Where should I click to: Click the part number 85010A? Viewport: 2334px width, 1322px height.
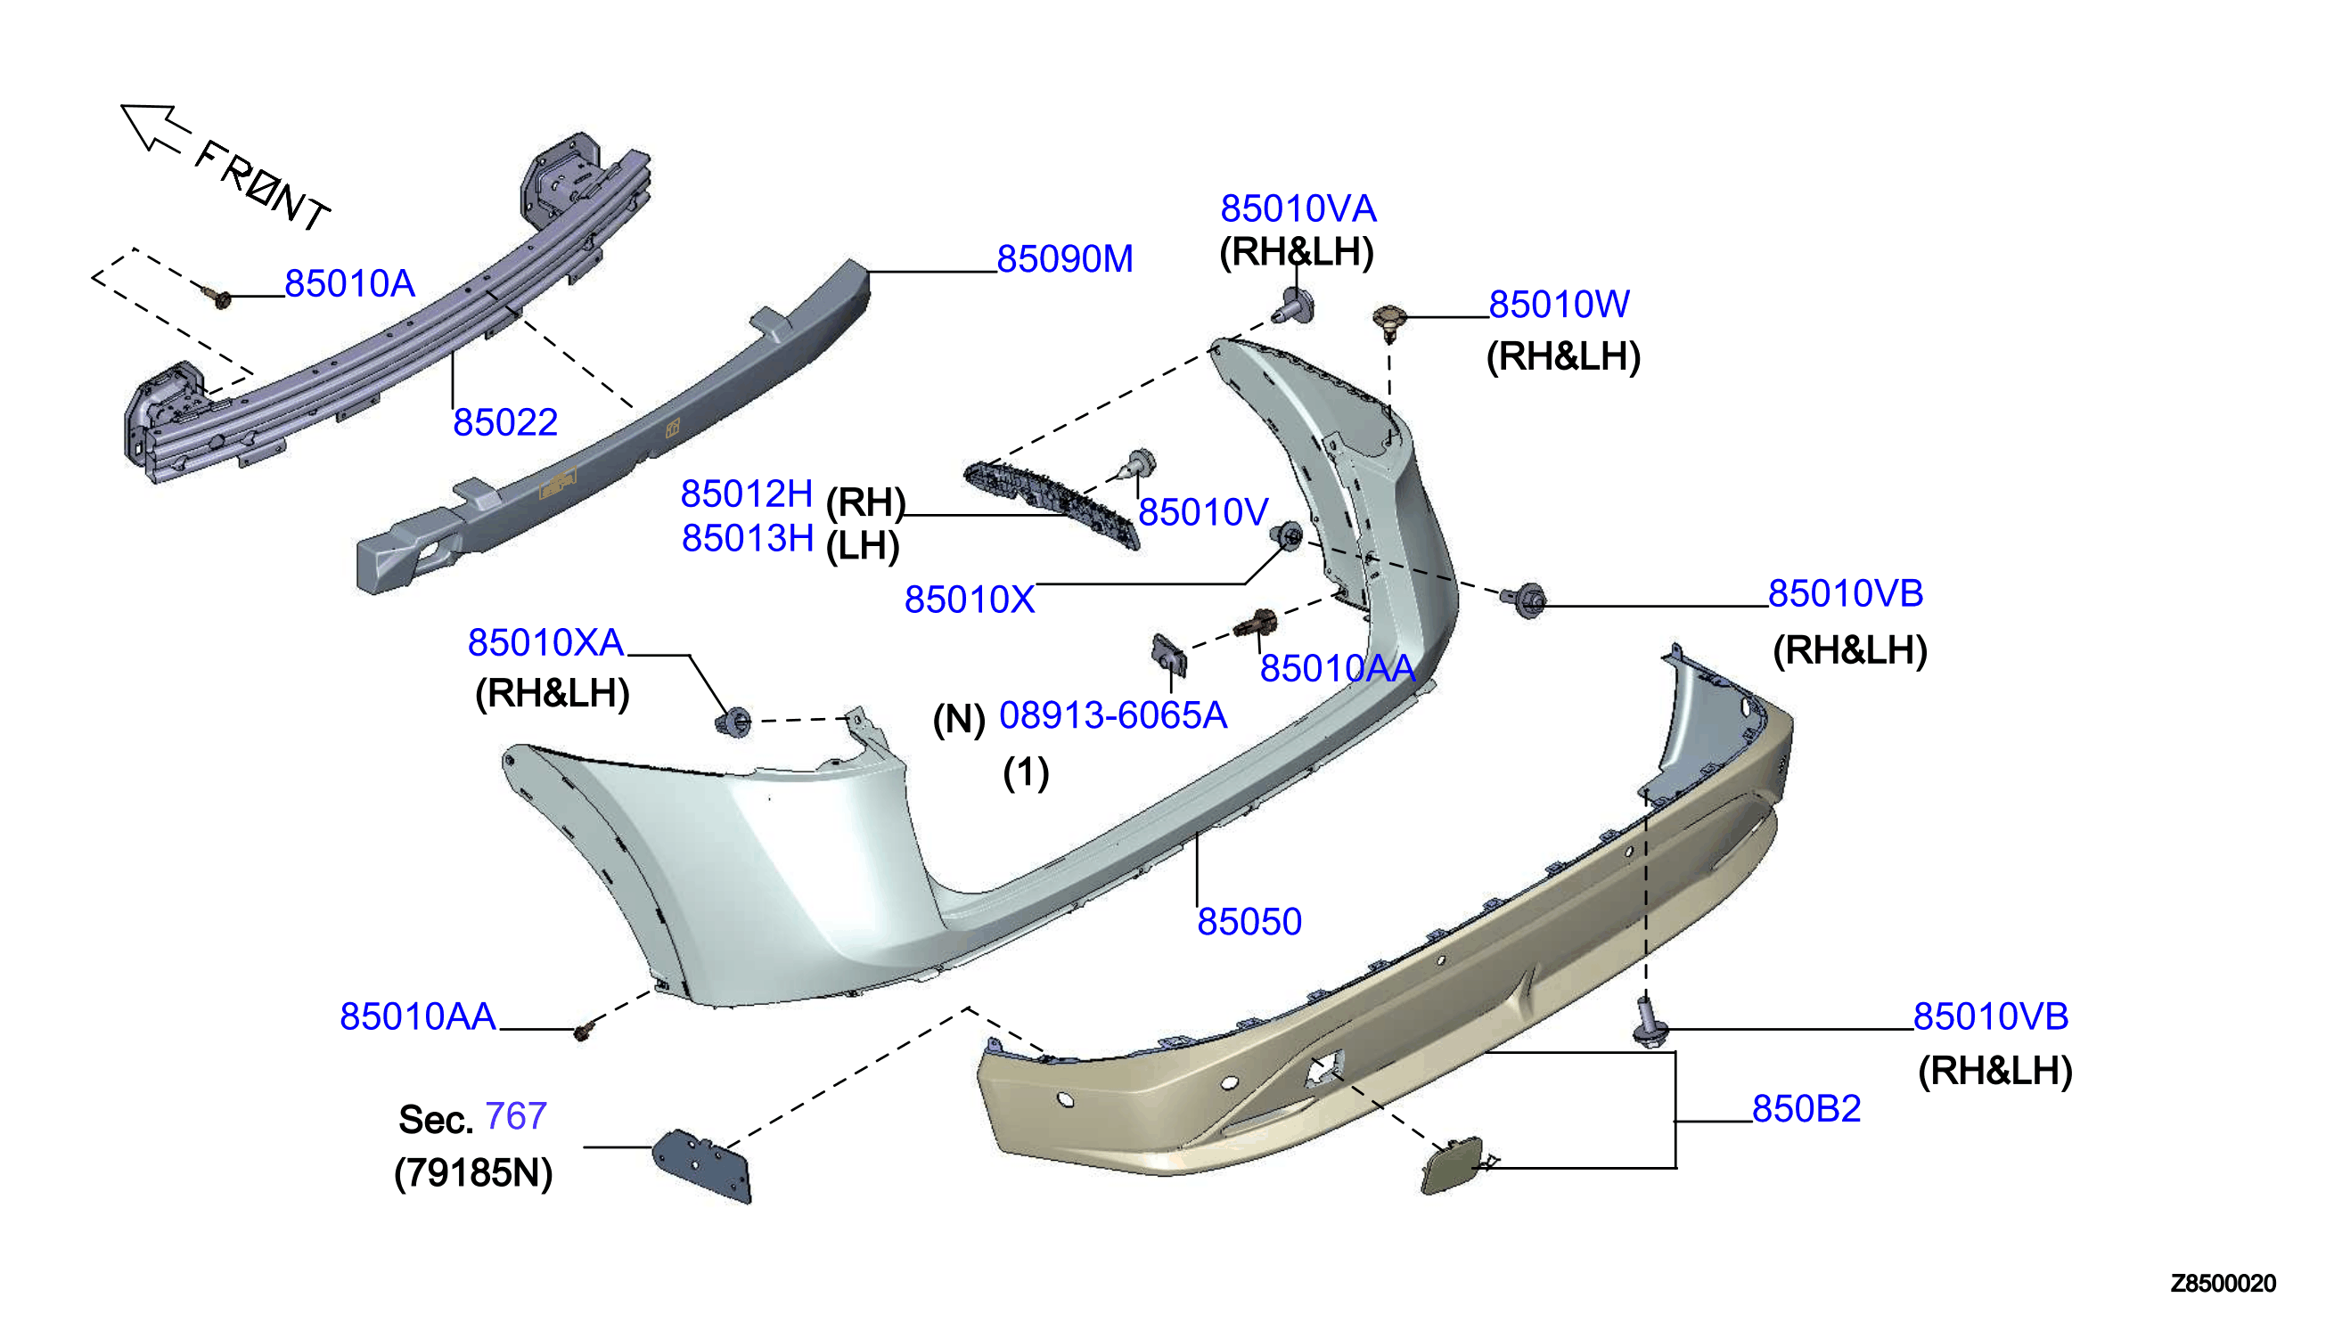click(349, 284)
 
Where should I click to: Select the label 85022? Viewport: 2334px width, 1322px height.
click(505, 422)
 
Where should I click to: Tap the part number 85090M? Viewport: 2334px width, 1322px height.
click(1064, 258)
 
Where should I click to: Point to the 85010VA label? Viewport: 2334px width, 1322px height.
click(1298, 208)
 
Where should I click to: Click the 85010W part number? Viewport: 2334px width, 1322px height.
click(1559, 304)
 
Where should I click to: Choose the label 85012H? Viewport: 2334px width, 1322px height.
click(747, 494)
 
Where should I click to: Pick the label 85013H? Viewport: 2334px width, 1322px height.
click(748, 538)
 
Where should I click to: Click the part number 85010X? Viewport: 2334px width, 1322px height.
click(969, 600)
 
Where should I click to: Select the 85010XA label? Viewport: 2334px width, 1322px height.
click(545, 643)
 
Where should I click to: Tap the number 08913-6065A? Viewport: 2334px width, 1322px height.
click(1112, 715)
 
